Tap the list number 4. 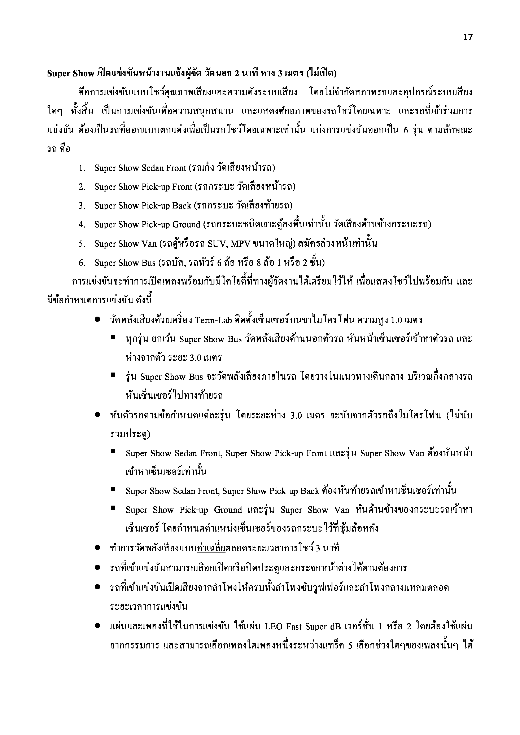[82, 225]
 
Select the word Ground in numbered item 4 [186, 225]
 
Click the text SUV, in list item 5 [217, 244]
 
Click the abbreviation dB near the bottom [335, 626]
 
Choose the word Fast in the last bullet [294, 626]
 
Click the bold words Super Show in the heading [70, 74]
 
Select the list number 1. [82, 168]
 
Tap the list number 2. [82, 187]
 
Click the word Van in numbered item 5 [149, 244]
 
